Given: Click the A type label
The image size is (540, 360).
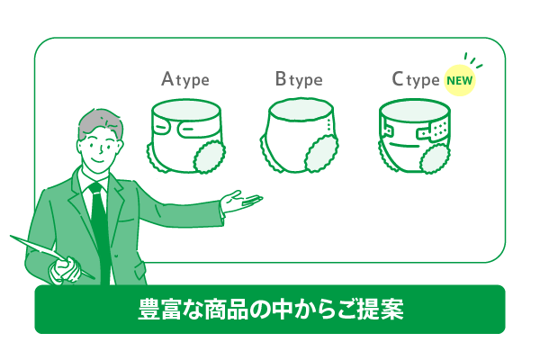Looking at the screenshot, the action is coord(185,79).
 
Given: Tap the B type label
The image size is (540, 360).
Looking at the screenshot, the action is coord(299,79).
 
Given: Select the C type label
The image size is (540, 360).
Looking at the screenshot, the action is coord(416,79).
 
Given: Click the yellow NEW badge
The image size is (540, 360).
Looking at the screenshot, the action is coord(459,80).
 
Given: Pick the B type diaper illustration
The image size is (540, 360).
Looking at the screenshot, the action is coord(299,135).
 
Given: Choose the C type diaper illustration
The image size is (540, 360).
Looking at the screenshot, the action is coord(414,136).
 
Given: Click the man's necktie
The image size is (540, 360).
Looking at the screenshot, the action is coord(100,230).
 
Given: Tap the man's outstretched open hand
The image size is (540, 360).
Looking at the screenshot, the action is coord(240,202).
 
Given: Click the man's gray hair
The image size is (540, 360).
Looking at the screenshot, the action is coord(99,122).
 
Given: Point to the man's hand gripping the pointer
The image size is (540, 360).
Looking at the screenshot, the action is coord(65,269).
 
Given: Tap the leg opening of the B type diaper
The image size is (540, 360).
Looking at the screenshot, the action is coord(321,154).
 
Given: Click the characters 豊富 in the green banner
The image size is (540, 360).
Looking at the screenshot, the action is coord(160,310).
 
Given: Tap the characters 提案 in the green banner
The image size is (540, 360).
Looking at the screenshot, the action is coord(382,310).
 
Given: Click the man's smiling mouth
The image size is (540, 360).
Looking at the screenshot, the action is coord(97,160).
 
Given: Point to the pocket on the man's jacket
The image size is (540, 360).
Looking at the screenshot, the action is coord(140,270).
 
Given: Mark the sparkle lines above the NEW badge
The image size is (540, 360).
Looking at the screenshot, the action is coord(472,60).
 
